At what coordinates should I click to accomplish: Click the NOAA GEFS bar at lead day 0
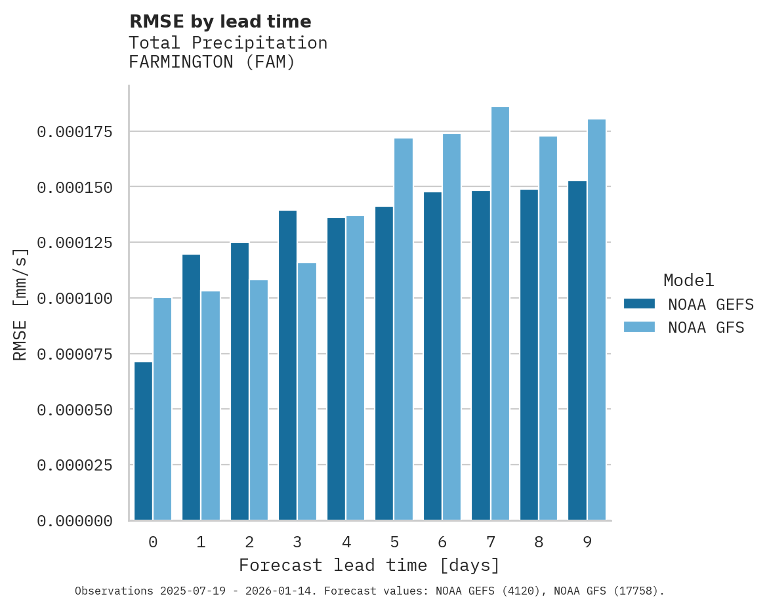(x=143, y=441)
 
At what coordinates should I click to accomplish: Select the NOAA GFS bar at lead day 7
(x=500, y=314)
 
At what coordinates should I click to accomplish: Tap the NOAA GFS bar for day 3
(x=307, y=392)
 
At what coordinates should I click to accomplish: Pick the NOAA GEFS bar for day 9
(x=577, y=350)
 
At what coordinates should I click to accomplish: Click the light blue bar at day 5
(x=404, y=329)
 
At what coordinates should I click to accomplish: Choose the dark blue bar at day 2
(x=239, y=381)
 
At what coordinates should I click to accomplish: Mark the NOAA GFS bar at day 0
(x=162, y=409)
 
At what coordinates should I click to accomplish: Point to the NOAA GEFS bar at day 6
(x=432, y=356)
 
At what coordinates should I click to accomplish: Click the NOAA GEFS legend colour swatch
(x=639, y=304)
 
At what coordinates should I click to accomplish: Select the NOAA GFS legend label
(x=706, y=327)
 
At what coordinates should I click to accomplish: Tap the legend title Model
(x=688, y=280)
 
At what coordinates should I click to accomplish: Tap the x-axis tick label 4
(x=346, y=542)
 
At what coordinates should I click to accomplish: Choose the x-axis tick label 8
(x=539, y=542)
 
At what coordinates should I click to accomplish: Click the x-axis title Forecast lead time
(x=369, y=565)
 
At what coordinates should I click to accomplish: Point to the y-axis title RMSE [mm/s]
(x=20, y=304)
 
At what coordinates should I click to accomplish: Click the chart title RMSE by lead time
(x=220, y=22)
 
